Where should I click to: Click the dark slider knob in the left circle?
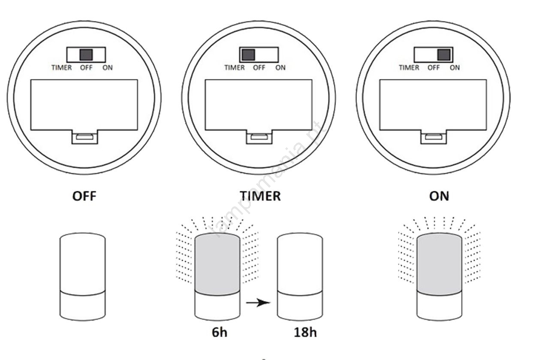pos(86,55)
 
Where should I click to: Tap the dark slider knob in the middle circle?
pos(248,55)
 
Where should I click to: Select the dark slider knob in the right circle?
pos(444,55)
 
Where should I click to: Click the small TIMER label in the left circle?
pos(62,68)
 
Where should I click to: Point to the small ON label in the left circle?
pos(108,68)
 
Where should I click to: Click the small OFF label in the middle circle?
pos(259,68)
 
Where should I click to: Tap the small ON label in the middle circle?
pos(280,68)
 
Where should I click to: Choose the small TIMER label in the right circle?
pos(409,68)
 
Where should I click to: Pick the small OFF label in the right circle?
pos(434,68)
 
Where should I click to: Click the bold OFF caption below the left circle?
pos(84,196)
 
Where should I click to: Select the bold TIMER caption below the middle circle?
pos(260,196)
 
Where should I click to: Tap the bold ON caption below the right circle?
pos(439,196)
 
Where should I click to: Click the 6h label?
pos(220,333)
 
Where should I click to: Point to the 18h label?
pos(305,333)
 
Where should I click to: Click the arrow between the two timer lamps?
pos(258,303)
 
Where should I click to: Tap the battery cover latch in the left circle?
pos(85,137)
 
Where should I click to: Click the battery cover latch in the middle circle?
pos(259,137)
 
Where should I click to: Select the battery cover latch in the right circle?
pos(434,137)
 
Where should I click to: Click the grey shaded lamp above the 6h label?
pos(217,277)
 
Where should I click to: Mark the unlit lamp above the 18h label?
pos(300,277)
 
